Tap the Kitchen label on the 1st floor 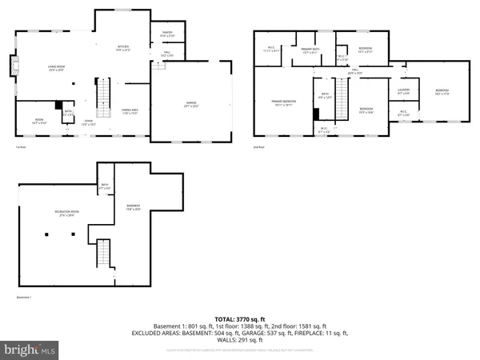[123, 48]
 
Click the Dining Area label [129, 111]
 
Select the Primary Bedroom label [283, 103]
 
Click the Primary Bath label [310, 52]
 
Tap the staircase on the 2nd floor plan [341, 99]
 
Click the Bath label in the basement [105, 186]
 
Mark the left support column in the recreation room [46, 234]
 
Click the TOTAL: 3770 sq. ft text [239, 318]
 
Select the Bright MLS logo [30, 350]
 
